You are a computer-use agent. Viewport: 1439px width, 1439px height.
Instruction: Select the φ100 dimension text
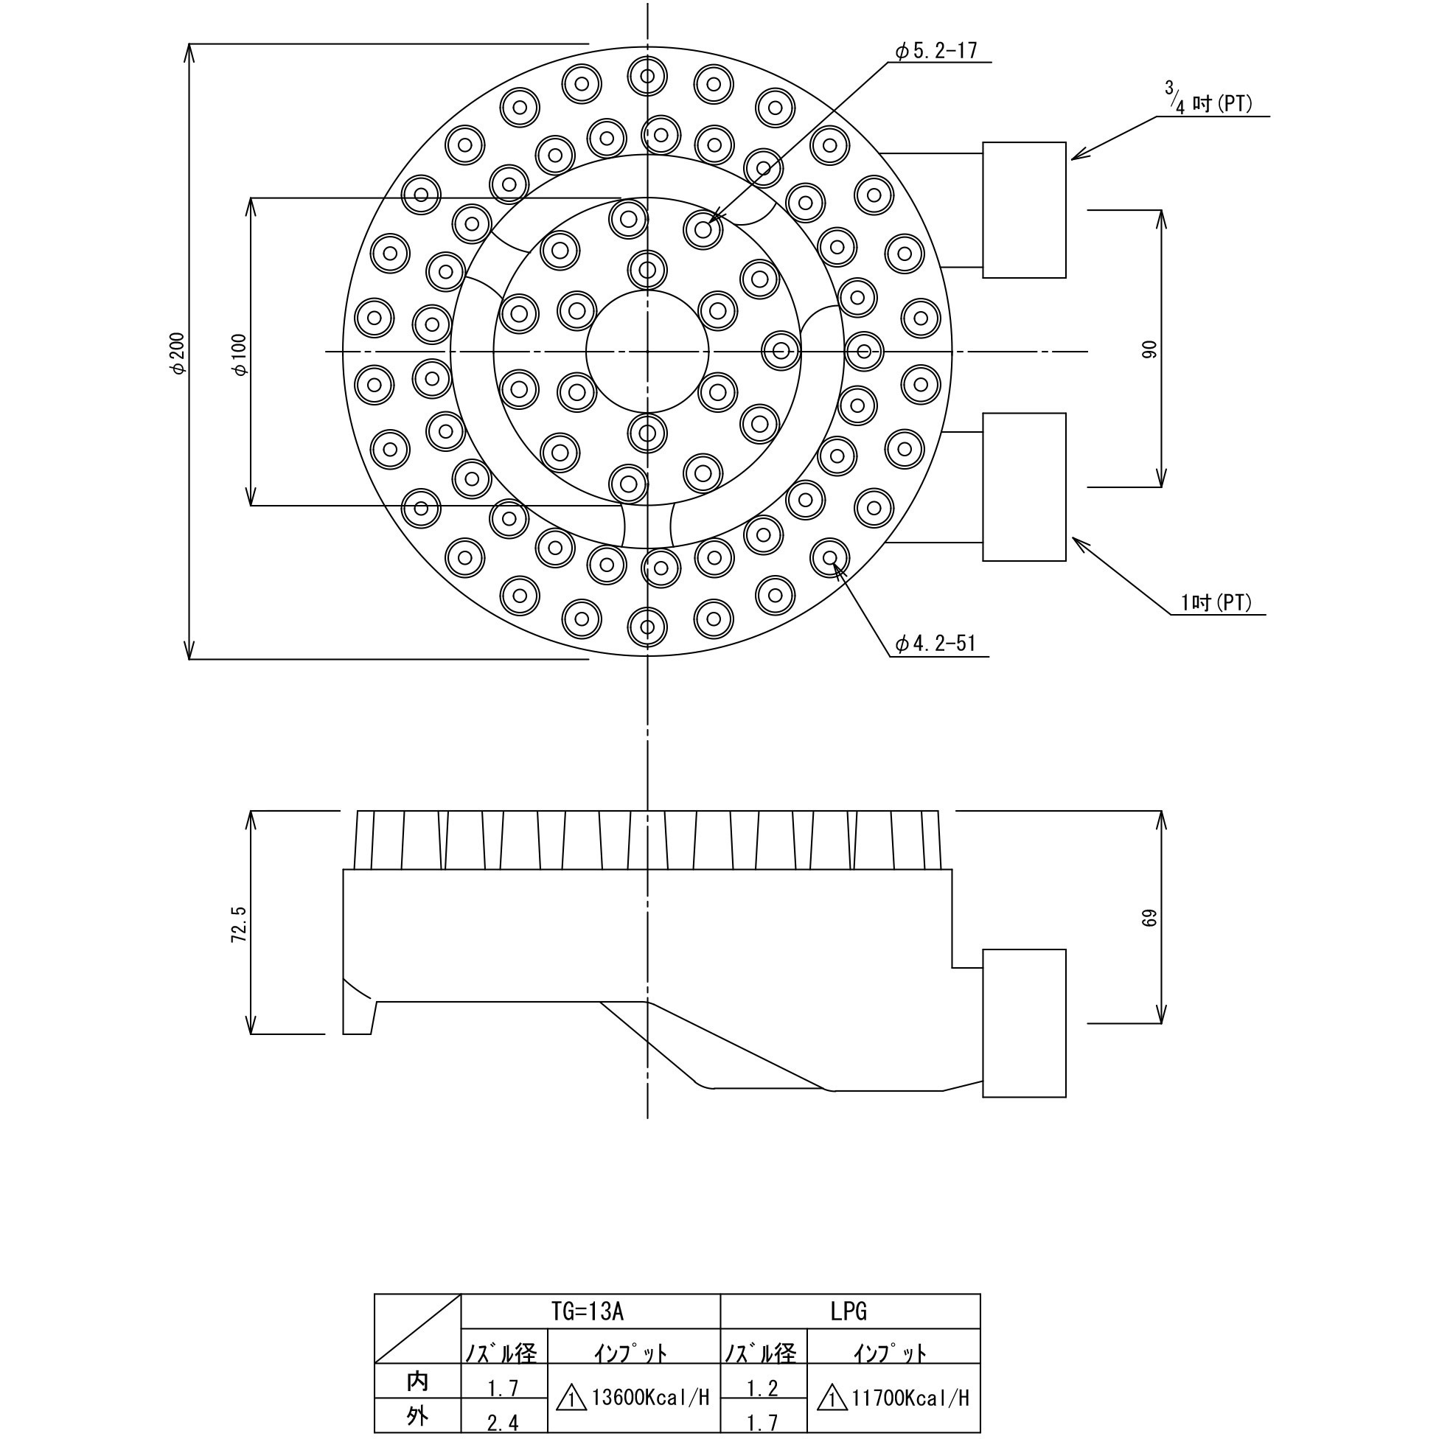tap(240, 355)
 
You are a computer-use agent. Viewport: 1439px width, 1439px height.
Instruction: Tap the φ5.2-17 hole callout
tap(936, 51)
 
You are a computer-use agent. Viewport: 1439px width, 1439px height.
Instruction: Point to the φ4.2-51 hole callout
tap(935, 644)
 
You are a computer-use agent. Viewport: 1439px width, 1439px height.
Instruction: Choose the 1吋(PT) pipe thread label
tap(1216, 602)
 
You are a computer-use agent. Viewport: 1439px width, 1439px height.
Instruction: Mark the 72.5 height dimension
tap(238, 924)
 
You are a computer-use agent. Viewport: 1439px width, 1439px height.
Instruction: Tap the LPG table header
tap(849, 1311)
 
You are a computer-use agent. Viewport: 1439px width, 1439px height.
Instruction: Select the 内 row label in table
tap(418, 1381)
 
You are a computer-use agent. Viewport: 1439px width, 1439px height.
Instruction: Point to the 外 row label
tap(418, 1416)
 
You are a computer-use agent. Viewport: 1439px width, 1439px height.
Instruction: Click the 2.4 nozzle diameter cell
tap(504, 1422)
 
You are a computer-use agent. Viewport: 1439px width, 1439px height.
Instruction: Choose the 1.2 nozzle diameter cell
tap(763, 1387)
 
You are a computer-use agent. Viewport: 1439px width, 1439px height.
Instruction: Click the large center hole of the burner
tap(647, 352)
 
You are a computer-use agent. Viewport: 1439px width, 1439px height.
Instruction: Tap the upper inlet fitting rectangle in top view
tap(1024, 210)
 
